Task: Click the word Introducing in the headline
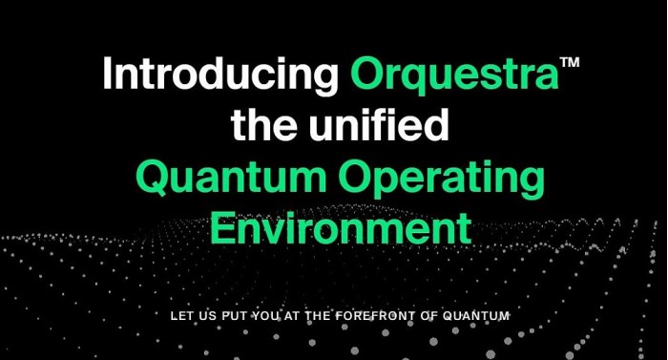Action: (220, 74)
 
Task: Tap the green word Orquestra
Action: (454, 74)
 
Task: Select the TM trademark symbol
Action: (570, 62)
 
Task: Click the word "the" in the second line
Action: (262, 124)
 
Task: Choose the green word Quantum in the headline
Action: (231, 178)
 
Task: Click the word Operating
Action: (442, 180)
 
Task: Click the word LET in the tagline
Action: (179, 316)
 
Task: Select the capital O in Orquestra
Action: (367, 74)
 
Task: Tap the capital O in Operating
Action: (356, 178)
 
